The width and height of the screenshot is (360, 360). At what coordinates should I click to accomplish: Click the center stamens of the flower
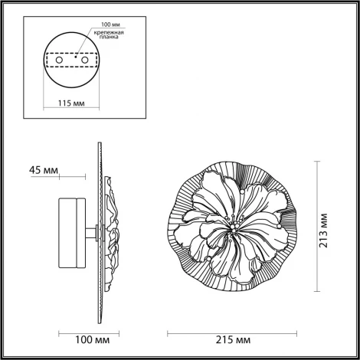[x=232, y=228]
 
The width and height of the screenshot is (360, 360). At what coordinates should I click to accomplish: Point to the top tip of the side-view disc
[x=99, y=143]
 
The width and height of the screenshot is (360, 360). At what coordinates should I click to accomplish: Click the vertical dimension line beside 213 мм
[x=317, y=229]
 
